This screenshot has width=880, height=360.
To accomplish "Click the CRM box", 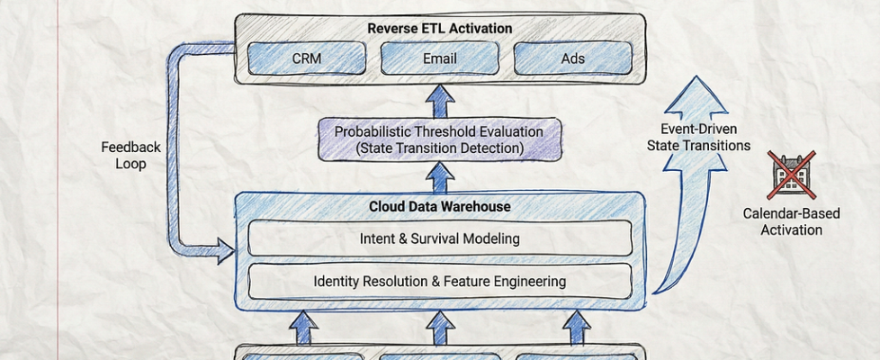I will pos(307,59).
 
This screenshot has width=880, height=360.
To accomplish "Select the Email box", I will pos(440,59).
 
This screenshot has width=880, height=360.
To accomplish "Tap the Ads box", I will pos(572,59).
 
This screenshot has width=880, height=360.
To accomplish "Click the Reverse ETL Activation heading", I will pos(440,28).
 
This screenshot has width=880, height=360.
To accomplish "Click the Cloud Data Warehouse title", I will pos(440,207).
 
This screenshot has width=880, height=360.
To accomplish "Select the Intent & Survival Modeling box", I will pos(440,239).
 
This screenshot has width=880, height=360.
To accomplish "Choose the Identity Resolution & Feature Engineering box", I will pos(440,281).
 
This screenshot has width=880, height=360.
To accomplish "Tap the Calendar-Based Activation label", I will pos(792,222).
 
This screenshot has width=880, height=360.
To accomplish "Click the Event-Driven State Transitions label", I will pos(698,138).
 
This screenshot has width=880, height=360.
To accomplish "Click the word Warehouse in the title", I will pos(477,207).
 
